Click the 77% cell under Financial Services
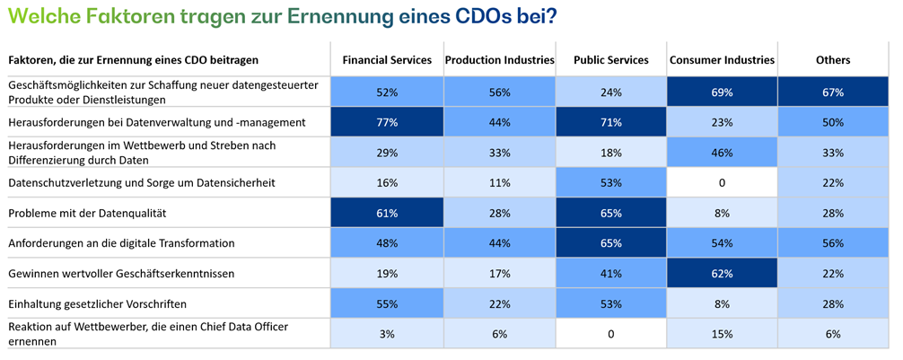pos(387,122)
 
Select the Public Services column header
pos(610,60)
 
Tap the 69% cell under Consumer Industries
pos(722,92)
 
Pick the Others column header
pos(832,60)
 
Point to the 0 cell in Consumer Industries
pos(722,182)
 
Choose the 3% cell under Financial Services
pos(387,334)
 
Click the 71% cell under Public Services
pos(610,122)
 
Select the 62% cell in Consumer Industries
pos(722,274)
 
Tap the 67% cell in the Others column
pos(832,92)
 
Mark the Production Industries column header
pos(499,60)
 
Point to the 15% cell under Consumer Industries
pos(722,334)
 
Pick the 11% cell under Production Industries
pos(499,182)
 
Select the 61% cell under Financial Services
pos(387,213)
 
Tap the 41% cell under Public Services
pos(610,274)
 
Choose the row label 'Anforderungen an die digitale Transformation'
pos(119,243)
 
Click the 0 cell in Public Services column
pos(610,334)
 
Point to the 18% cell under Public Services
pos(610,153)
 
